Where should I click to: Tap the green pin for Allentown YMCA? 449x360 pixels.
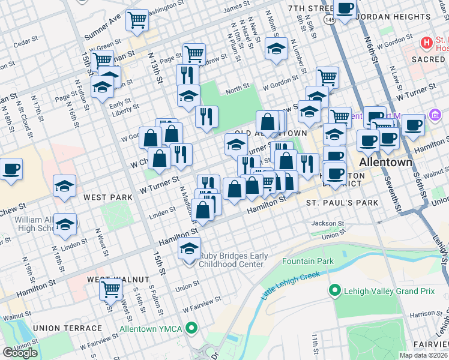191,328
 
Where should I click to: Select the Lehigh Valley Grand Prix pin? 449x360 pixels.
335,291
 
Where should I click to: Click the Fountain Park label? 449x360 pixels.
307,262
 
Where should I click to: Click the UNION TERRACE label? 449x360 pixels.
67,328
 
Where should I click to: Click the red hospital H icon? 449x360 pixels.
427,43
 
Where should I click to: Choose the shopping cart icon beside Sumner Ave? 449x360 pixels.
137,20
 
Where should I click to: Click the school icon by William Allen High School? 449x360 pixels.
65,224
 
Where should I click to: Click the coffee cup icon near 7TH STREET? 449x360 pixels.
345,8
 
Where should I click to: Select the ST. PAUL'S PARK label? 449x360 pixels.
342,203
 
